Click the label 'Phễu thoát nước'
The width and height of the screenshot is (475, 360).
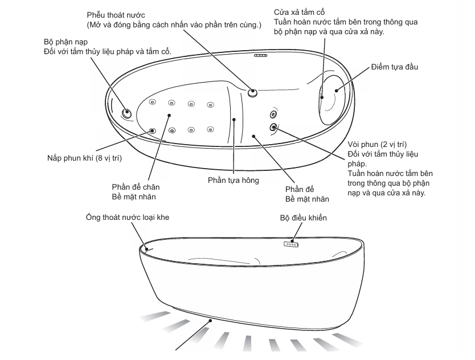click(115, 14)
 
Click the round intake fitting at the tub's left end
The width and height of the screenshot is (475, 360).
click(126, 113)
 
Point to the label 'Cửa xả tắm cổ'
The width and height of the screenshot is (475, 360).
click(299, 12)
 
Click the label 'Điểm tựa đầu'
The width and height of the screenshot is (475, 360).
click(395, 67)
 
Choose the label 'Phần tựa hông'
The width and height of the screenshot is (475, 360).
click(234, 181)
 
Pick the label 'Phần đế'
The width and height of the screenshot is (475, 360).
click(299, 189)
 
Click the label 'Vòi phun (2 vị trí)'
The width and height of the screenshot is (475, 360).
click(376, 145)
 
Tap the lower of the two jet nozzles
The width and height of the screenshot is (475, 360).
click(273, 127)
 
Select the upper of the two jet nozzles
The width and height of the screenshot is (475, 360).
click(273, 114)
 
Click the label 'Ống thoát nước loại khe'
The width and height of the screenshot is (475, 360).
click(128, 217)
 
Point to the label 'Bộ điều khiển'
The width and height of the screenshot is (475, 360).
click(303, 218)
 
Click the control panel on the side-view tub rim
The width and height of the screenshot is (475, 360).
click(291, 243)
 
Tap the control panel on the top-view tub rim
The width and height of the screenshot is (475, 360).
click(261, 55)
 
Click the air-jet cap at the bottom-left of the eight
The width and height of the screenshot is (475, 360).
click(153, 130)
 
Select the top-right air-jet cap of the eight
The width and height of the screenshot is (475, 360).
click(210, 104)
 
